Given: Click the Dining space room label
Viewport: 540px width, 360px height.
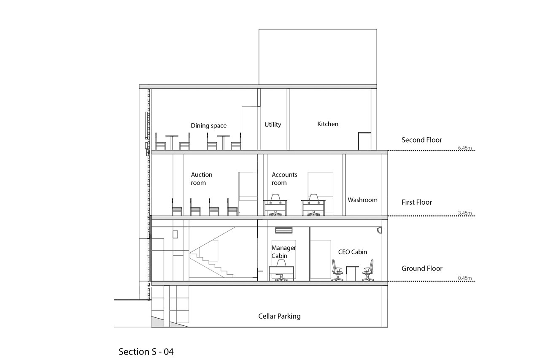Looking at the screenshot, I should coord(208,126).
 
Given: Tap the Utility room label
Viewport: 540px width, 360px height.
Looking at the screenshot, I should coord(273,125).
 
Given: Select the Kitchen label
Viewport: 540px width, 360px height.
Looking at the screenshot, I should coord(328,124).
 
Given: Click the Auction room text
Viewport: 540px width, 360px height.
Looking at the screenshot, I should coord(201,179).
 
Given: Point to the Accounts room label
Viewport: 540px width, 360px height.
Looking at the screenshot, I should coord(284,179).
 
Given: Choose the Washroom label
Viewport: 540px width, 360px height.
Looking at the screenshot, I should coord(362,200).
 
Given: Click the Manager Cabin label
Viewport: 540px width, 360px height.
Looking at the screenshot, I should coord(283,252).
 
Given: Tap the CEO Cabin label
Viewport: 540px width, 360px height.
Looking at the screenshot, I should coord(353,252).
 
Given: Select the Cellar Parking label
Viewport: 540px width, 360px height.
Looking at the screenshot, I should coord(279,316).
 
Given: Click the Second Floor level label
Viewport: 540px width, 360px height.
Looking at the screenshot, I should coord(422,140).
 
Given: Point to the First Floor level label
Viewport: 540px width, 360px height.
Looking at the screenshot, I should coord(417,203).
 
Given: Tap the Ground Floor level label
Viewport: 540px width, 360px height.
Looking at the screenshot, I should coord(422,268).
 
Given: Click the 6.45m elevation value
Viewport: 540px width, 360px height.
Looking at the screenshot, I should coord(464,148).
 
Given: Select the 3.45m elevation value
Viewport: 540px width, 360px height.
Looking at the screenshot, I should coord(464,213).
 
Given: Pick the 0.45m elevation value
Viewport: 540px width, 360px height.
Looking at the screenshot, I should coord(464,278).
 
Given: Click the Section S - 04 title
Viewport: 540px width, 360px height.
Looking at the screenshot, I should coord(146,352).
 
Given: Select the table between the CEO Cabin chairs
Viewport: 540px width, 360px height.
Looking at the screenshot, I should coord(352,272).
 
